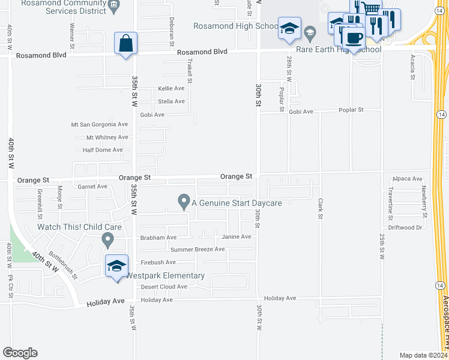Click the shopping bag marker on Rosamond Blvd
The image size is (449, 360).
click(125, 44)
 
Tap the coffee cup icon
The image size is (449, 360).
click(353, 38)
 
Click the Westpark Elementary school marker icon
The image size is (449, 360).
click(116, 266)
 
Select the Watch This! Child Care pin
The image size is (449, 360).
click(108, 241)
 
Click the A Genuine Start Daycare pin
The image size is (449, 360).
click(184, 202)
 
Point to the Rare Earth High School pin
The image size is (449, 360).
click(310, 32)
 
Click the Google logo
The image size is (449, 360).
click(20, 353)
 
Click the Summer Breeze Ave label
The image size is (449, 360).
click(197, 250)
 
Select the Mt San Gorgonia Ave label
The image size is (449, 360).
click(100, 125)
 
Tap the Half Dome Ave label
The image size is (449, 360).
click(103, 150)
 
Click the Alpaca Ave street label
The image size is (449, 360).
click(408, 179)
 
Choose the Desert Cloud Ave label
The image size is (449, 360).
click(164, 287)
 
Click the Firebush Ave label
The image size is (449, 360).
click(158, 262)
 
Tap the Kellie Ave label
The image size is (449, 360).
click(171, 88)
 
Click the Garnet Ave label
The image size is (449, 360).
click(92, 187)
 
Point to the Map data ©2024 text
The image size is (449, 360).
click(423, 355)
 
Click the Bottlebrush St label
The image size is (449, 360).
click(62, 265)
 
